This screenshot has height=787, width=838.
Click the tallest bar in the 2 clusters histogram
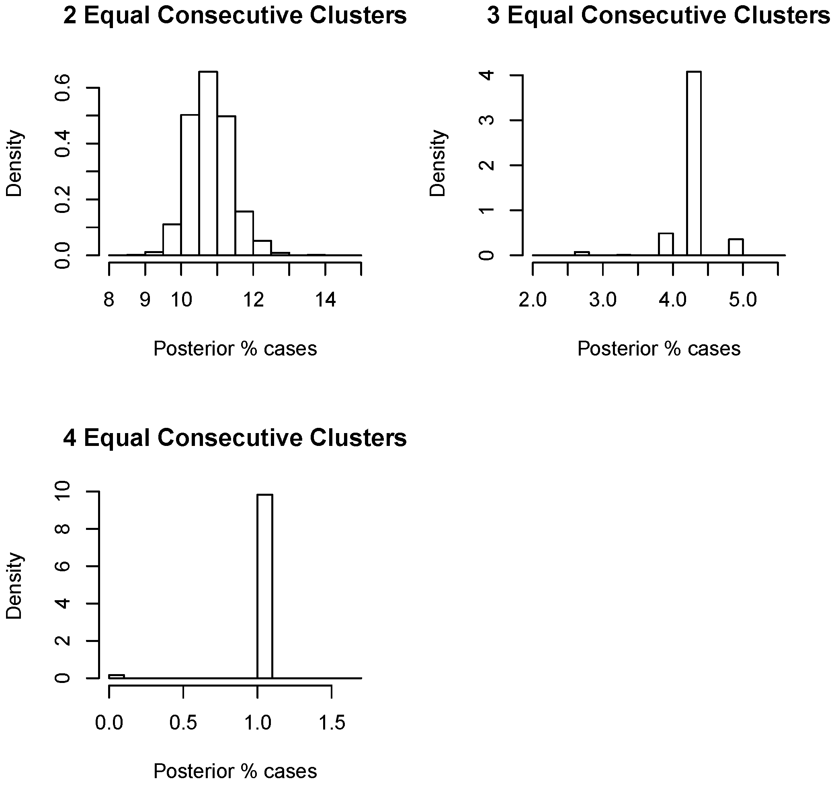click(x=208, y=164)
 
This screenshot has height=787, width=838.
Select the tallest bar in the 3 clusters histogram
click(x=694, y=164)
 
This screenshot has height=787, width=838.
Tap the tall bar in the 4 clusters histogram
click(x=265, y=586)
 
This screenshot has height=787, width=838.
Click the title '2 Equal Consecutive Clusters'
click(x=235, y=16)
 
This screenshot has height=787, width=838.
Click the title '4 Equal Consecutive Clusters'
click(x=235, y=438)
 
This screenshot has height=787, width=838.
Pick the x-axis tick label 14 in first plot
click(x=325, y=300)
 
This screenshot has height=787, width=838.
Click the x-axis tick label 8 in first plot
click(x=109, y=300)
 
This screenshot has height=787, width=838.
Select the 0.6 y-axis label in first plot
click(x=63, y=88)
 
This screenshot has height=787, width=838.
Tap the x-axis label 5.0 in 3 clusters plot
click(x=743, y=300)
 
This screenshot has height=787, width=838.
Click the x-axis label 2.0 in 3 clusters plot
click(x=533, y=300)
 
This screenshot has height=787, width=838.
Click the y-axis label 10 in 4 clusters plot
click(x=63, y=492)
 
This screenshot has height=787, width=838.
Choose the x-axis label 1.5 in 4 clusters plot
click(x=332, y=723)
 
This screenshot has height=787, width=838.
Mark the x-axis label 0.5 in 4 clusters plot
click(x=183, y=723)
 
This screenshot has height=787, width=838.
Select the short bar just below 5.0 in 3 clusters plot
click(x=736, y=247)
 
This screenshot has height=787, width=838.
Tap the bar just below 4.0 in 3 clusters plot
click(x=666, y=244)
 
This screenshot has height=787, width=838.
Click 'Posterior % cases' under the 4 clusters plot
click(x=235, y=771)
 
